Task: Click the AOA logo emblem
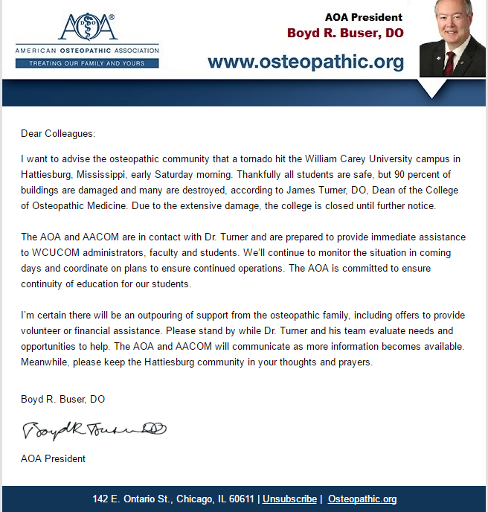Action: (x=87, y=27)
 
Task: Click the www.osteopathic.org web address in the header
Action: (x=306, y=61)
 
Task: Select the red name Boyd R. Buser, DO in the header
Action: (x=345, y=33)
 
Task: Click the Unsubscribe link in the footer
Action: (x=289, y=499)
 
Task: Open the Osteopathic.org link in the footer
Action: (x=362, y=499)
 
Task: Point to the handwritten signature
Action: (x=94, y=429)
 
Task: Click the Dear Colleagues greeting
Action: (x=58, y=134)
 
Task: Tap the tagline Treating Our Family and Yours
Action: (x=87, y=64)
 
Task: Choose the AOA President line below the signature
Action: (x=53, y=458)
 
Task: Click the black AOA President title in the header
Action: (x=364, y=17)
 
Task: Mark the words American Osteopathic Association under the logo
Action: (x=87, y=51)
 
